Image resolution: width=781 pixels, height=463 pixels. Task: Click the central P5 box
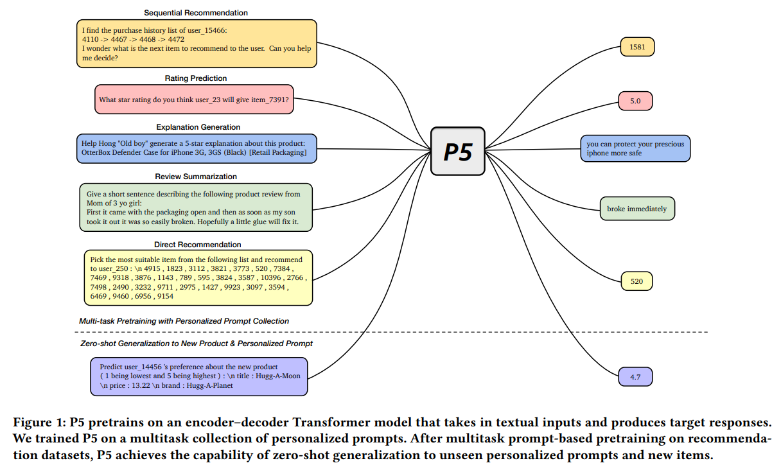pos(457,151)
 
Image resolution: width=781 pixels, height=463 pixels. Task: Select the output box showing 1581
pos(637,47)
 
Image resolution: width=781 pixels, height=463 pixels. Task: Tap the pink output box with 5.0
pos(635,101)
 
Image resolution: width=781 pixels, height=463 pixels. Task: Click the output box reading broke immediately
pos(636,209)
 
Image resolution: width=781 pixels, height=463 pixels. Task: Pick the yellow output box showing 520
pos(636,281)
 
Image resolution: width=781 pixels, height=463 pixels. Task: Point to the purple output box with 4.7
pos(635,377)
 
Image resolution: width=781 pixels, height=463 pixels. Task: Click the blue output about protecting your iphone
pos(635,148)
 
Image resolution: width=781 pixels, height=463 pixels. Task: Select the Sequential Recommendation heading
pos(195,13)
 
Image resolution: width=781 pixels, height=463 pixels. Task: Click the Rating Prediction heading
pos(195,78)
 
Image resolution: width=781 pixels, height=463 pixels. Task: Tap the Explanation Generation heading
pos(198,127)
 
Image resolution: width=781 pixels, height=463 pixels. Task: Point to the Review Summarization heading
pos(196,177)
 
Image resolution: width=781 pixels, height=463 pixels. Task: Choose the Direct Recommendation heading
pos(197,245)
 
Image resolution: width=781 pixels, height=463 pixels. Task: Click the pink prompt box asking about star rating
pos(194,100)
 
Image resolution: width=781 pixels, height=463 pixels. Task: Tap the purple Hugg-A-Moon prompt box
pos(199,376)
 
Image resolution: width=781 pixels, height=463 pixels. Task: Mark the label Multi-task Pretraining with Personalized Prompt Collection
pos(184,321)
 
